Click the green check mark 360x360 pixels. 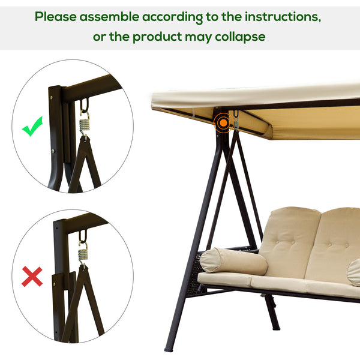(x=32, y=127)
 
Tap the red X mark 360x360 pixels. (x=32, y=277)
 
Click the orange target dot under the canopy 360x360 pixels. (x=223, y=123)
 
